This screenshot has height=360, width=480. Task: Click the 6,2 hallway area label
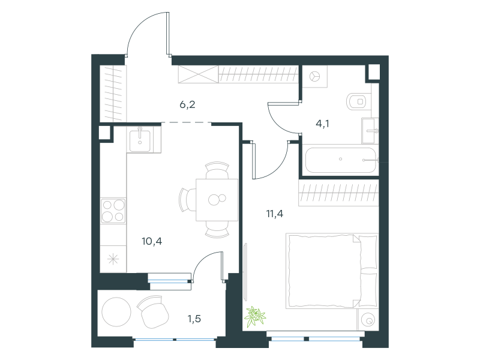tap(187, 104)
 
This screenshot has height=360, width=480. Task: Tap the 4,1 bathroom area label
tap(322, 124)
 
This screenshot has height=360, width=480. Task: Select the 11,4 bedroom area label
tap(275, 214)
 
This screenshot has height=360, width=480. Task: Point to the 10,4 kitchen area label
tap(152, 241)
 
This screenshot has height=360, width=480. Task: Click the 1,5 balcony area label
tap(194, 319)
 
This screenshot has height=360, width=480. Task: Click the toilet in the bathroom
tap(359, 101)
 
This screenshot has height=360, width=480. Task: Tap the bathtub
tap(340, 160)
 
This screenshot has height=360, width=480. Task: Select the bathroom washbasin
tap(370, 131)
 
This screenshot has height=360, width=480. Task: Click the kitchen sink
tap(140, 140)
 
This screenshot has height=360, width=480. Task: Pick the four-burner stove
tap(113, 211)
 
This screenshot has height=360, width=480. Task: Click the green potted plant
tap(254, 316)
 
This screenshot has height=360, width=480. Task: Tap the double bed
tap(332, 271)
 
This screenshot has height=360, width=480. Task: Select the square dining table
tap(217, 200)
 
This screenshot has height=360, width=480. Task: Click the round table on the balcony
tap(116, 312)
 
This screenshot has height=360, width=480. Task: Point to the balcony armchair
tap(153, 311)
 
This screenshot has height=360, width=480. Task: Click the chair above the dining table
tap(217, 170)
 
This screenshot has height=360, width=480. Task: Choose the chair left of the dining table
tap(187, 200)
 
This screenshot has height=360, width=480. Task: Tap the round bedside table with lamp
tap(368, 320)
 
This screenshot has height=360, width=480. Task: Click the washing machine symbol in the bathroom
tap(314, 77)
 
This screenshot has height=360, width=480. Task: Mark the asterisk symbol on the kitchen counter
tap(113, 259)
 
